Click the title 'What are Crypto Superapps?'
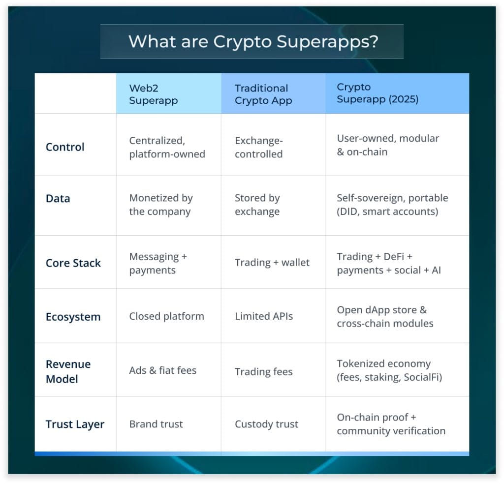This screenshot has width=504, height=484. point(253,41)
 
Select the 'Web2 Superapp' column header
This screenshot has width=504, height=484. point(153,94)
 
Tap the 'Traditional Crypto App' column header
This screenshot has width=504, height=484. point(263,94)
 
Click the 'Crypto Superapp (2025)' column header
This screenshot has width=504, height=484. point(377,93)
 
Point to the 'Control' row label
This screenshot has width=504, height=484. point(65,147)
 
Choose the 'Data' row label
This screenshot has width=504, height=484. point(58,199)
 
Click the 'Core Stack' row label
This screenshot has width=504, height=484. point(73,263)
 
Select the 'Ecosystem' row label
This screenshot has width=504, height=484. point(73,317)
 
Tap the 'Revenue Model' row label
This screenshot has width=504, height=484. point(68,371)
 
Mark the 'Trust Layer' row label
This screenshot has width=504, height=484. point(75,424)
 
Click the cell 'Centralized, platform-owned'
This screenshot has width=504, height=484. point(167,147)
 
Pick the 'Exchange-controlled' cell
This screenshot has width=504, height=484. point(258,148)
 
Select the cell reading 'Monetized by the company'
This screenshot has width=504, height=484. point(160,205)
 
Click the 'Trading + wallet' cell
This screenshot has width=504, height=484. point(272,263)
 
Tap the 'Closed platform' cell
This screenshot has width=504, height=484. point(166,316)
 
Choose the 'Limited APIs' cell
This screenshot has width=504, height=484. point(263,316)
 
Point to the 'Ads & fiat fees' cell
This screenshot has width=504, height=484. point(162,370)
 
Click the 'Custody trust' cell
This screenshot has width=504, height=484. point(266,424)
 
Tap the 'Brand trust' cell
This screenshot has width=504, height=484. point(156,424)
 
